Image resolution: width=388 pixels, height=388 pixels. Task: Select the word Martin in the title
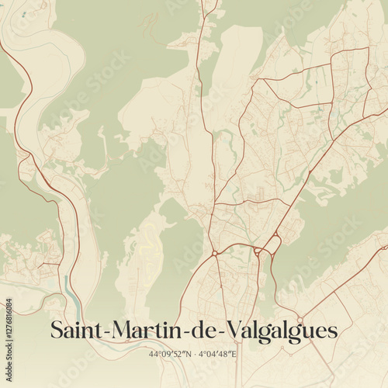click(143, 330)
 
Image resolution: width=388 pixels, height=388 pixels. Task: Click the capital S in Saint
click(57, 330)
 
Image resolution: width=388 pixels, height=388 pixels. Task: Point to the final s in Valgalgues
click(333, 332)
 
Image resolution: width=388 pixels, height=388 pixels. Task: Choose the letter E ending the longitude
click(234, 354)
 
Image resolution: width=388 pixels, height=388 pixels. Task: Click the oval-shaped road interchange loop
click(272, 245)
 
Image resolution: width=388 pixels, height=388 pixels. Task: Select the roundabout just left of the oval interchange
click(257, 250)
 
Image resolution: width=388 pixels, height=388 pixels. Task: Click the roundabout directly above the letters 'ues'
click(300, 319)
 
